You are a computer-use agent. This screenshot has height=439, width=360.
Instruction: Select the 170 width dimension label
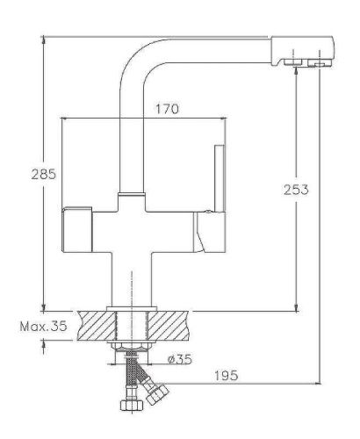(x=168, y=110)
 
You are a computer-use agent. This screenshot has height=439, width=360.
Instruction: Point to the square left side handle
(x=77, y=230)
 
